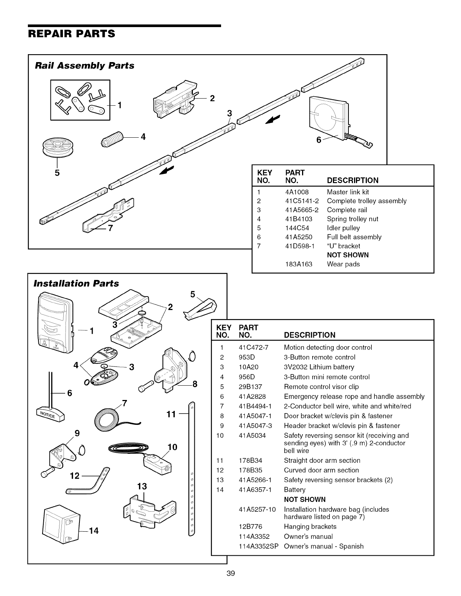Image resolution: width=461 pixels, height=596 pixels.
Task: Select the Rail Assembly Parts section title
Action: pyautogui.click(x=84, y=66)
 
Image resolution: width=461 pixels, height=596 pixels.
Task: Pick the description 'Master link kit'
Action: pyautogui.click(x=348, y=192)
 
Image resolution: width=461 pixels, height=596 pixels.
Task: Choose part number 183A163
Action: pyautogui.click(x=299, y=264)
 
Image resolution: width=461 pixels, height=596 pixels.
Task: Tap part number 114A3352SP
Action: pyautogui.click(x=258, y=546)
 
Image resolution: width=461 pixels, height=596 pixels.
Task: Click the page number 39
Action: pyautogui.click(x=230, y=573)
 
